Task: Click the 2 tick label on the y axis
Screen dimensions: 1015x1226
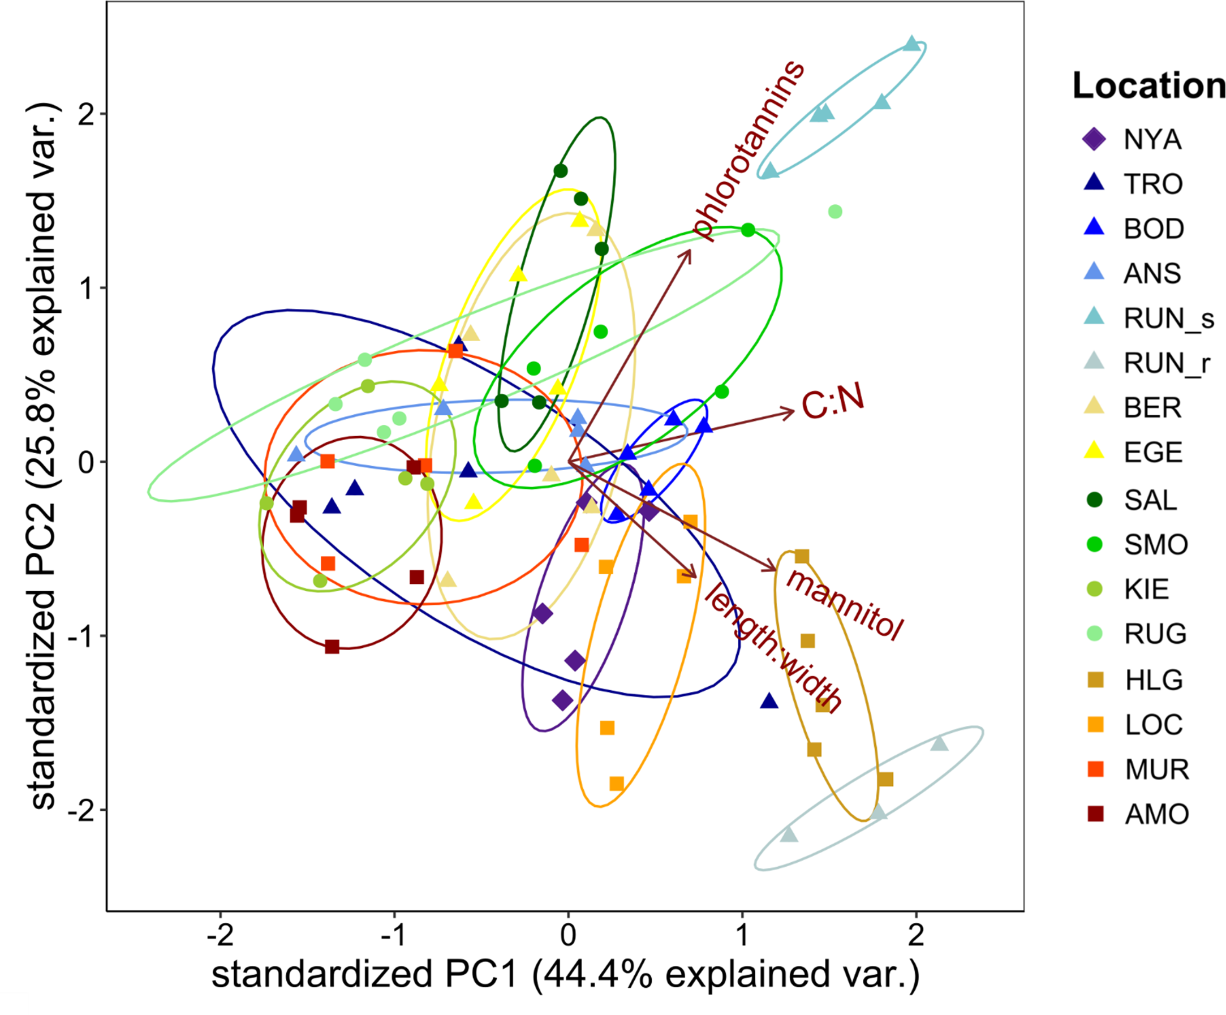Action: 86,115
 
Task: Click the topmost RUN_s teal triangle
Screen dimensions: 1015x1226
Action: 912,44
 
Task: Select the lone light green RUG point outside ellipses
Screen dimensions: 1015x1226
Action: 835,211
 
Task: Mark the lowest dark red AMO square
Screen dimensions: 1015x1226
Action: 332,647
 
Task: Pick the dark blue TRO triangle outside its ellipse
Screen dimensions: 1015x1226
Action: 769,702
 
